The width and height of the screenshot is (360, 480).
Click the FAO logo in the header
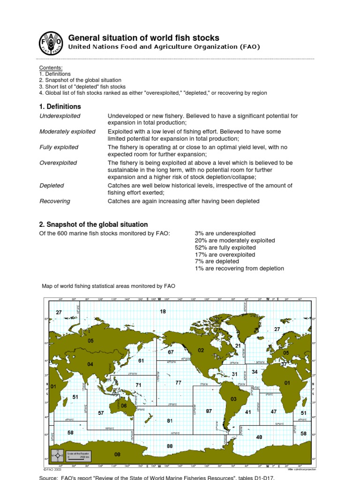[x=50, y=42]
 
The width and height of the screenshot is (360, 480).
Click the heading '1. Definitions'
[x=60, y=106]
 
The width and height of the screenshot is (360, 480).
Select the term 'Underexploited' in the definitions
[x=60, y=116]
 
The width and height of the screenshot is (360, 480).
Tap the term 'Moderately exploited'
[x=67, y=132]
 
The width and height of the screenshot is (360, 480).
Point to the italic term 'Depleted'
[x=52, y=186]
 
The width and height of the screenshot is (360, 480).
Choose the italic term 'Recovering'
[x=55, y=201]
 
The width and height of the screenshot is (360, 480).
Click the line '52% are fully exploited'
[x=225, y=247]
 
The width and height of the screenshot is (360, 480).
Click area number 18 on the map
[x=163, y=312]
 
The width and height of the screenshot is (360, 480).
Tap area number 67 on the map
[x=171, y=352]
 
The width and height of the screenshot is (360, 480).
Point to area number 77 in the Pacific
[x=178, y=383]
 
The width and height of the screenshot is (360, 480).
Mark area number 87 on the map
[x=209, y=411]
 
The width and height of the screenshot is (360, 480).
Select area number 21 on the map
[x=238, y=346]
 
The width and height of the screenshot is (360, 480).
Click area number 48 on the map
[x=259, y=437]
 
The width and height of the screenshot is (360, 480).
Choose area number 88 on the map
[x=170, y=446]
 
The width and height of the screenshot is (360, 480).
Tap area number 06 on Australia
[x=124, y=406]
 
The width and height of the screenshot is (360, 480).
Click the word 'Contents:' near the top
[x=51, y=68]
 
